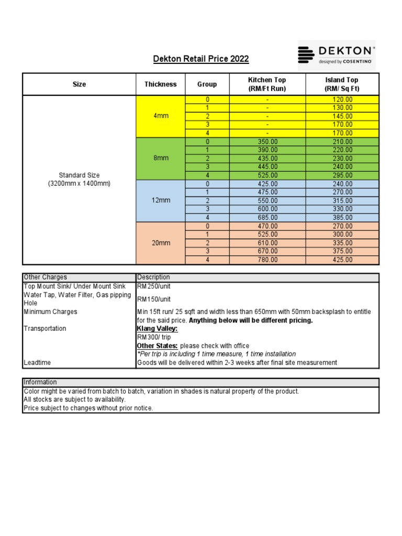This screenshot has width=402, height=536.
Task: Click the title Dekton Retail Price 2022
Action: click(200, 59)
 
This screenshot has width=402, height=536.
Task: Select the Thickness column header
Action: click(161, 84)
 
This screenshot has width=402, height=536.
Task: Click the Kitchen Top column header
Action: click(267, 84)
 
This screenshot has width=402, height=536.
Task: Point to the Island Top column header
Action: click(342, 84)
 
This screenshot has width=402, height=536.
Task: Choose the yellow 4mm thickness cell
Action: click(161, 116)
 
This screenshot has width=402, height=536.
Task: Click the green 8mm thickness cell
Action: click(161, 158)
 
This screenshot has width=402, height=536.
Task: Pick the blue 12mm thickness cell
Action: click(161, 200)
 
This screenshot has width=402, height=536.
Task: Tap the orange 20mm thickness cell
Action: click(161, 243)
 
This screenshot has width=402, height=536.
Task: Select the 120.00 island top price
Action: click(342, 99)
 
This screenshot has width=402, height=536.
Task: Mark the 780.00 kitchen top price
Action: click(267, 260)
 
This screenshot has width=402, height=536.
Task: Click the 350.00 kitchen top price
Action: click(267, 141)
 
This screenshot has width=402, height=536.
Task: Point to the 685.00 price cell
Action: click(267, 217)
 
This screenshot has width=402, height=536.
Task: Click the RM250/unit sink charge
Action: click(154, 286)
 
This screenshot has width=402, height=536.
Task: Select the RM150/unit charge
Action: click(154, 299)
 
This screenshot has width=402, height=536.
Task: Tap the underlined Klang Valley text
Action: click(157, 328)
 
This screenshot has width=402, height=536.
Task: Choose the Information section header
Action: click(40, 382)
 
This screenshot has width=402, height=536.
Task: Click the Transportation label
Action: click(45, 328)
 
